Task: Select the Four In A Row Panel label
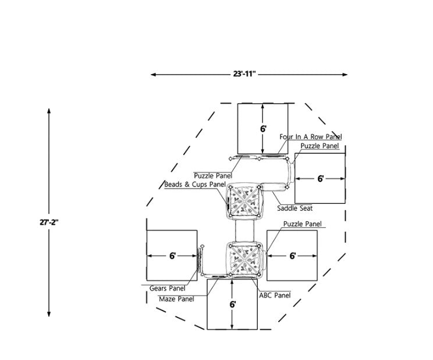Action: (311, 136)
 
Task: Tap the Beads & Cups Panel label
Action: (194, 185)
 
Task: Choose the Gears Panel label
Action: (168, 288)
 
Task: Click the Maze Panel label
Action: (176, 299)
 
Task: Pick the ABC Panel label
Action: (274, 295)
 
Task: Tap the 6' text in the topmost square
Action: (263, 128)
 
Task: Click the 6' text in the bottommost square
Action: (232, 304)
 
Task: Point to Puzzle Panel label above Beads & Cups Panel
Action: (213, 175)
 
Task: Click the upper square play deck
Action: (244, 201)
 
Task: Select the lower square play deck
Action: (244, 258)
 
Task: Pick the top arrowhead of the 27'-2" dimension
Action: (49, 111)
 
